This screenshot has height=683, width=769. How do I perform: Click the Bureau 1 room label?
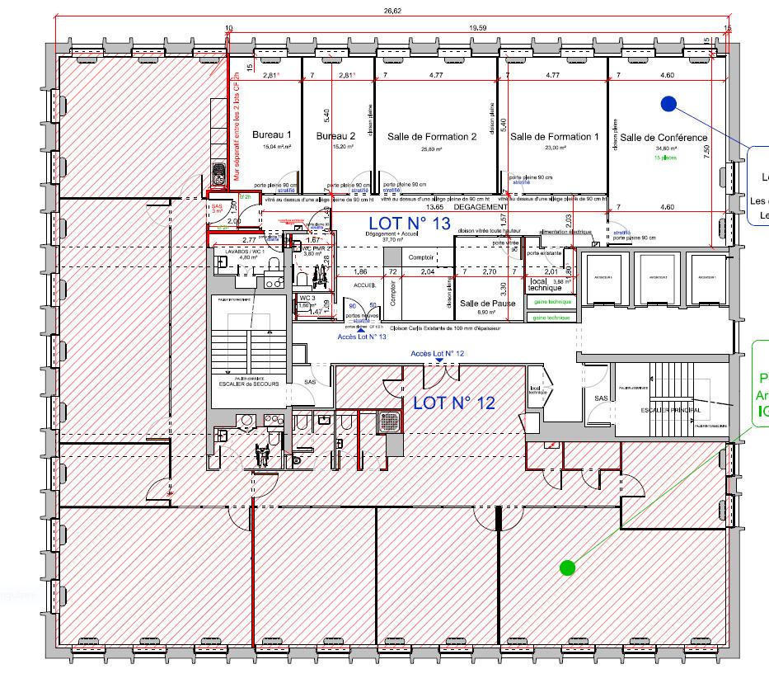pyautogui.click(x=272, y=134)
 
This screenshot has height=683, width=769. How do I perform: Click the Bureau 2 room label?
pyautogui.click(x=335, y=135)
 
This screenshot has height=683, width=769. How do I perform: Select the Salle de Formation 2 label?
pyautogui.click(x=435, y=137)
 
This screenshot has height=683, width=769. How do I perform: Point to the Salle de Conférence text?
pyautogui.click(x=663, y=137)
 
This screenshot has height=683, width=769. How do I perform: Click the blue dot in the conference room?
pyautogui.click(x=668, y=104)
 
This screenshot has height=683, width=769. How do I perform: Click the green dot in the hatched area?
pyautogui.click(x=566, y=567)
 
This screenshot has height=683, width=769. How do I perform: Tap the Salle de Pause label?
pyautogui.click(x=488, y=304)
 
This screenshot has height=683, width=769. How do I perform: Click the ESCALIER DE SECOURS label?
pyautogui.click(x=248, y=384)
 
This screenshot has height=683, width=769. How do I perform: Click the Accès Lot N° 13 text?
pyautogui.click(x=363, y=337)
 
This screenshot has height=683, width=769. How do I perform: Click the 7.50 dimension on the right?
pyautogui.click(x=706, y=152)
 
